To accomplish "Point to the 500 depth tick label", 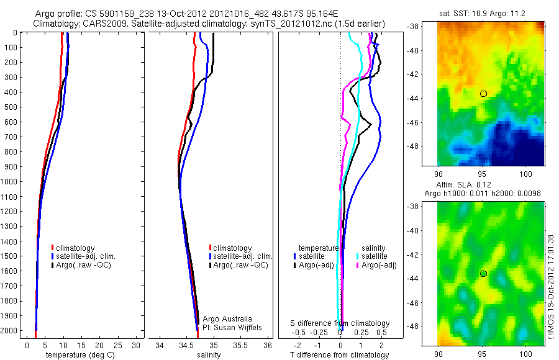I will [x=11, y=107].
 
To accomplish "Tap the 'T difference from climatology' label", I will [x=339, y=355].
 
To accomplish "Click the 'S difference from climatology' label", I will [x=340, y=323].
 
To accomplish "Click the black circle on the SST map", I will [x=484, y=94].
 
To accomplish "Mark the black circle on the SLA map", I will [x=483, y=274].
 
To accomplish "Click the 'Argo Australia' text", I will [x=228, y=319].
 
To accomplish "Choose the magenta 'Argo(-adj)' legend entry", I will [x=378, y=265].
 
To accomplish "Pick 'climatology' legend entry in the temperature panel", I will [x=74, y=248].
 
